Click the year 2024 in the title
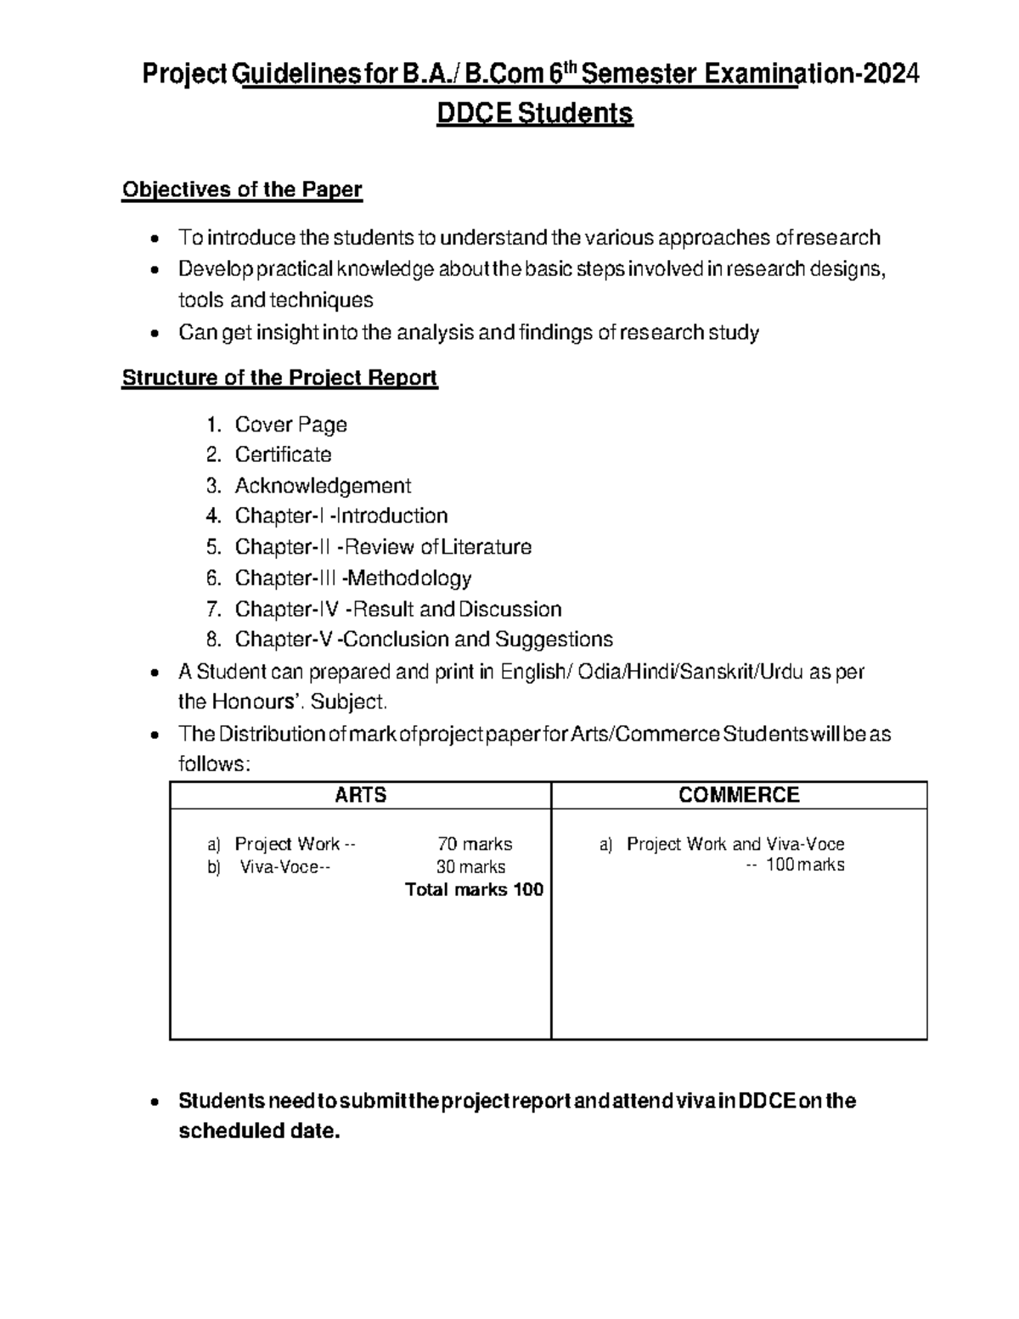pos(892,76)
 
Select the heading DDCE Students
pos(534,113)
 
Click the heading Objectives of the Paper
pos(242,189)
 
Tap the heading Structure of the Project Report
pos(279,378)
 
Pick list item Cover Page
pos(290,425)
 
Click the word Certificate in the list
pos(283,455)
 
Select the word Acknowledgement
pos(323,486)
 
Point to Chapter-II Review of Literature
pos(383,547)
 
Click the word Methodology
pos(409,578)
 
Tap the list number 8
pos(213,640)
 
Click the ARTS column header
pos(360,795)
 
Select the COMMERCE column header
pos(739,795)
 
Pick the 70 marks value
pos(475,844)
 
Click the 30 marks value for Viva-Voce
pos(470,867)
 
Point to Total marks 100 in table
pos(474,890)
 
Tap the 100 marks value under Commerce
pos(804,865)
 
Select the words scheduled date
pos(258,1132)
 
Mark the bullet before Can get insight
pos(154,334)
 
